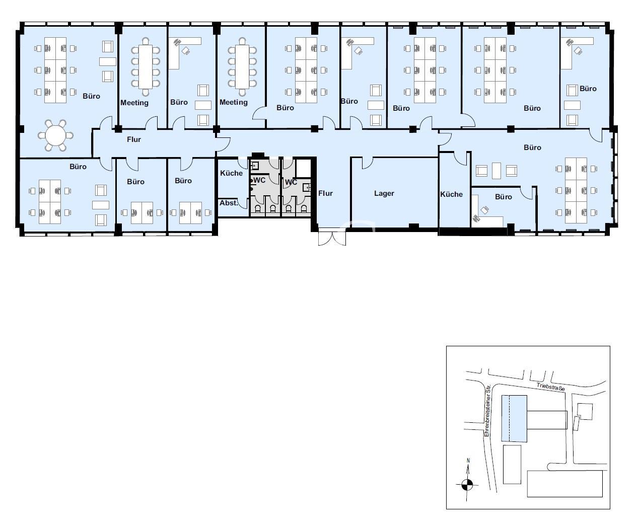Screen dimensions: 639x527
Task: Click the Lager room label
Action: coord(384,193)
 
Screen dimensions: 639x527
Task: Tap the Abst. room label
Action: coord(229,203)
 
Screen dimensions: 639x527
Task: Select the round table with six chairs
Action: coord(55,135)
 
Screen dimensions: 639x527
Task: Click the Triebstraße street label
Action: coord(550,387)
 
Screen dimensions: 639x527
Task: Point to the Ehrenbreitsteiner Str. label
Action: coord(487,410)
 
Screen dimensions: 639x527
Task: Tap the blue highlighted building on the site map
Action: coord(514,418)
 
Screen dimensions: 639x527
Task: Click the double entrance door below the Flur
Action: coord(332,237)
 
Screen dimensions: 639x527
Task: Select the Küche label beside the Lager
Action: coord(451,194)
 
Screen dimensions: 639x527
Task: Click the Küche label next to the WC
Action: coord(231,173)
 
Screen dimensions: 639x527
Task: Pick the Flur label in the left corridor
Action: coord(134,139)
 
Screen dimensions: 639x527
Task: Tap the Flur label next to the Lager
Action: coord(325,193)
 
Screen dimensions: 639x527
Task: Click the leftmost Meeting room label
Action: coord(134,103)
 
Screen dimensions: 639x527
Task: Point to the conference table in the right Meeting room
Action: coord(242,66)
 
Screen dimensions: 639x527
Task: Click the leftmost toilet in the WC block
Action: coord(258,209)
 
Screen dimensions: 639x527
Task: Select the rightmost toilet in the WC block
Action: coord(304,209)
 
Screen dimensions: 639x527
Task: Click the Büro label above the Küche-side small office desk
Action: coord(504,197)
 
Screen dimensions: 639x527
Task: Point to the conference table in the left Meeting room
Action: coord(146,66)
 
